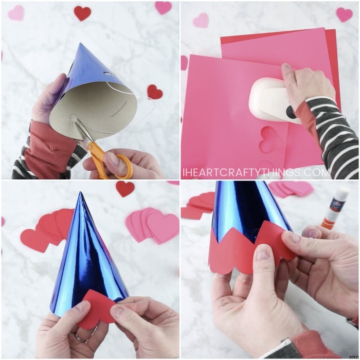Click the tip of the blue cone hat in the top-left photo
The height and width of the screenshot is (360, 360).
[80, 43]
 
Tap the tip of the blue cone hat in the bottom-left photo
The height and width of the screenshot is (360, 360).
[80, 192]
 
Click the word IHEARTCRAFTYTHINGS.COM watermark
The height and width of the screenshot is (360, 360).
[256, 172]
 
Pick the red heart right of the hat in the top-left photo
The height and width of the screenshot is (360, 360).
[155, 92]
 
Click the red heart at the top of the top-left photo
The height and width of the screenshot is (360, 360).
[82, 13]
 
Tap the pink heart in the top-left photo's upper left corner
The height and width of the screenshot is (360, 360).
[16, 13]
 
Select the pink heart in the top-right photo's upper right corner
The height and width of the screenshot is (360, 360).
[344, 14]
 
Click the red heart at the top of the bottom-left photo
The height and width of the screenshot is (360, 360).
[125, 189]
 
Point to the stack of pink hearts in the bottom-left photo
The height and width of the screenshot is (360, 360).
[152, 225]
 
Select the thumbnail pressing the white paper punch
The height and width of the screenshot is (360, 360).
[285, 68]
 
